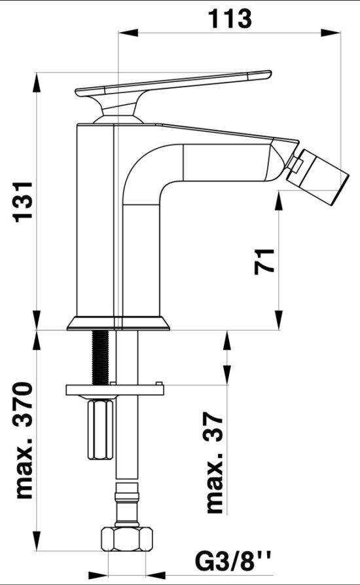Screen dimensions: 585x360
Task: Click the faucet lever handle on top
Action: [177, 84]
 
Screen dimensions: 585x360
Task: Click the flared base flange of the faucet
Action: [118, 322]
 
